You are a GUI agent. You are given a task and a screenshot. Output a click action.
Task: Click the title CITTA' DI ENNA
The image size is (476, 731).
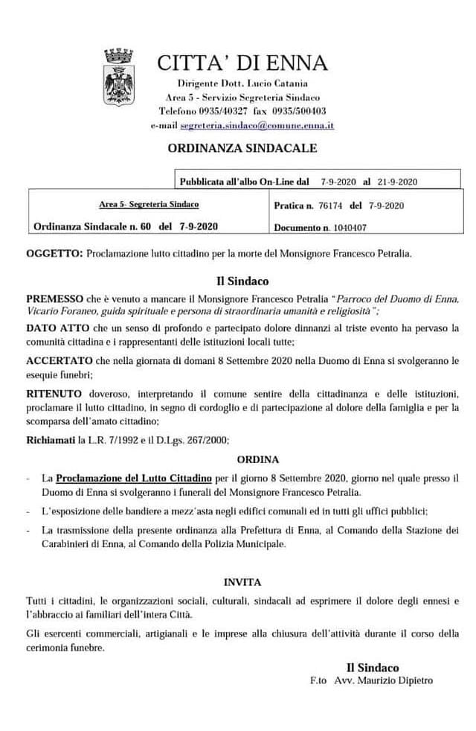tap(242, 63)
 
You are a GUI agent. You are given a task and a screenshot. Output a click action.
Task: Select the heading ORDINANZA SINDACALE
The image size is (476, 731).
tap(242, 148)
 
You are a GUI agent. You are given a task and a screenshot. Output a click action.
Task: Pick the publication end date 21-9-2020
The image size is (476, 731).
tap(398, 181)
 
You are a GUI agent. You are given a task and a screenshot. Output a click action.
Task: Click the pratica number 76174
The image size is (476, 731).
tap(329, 205)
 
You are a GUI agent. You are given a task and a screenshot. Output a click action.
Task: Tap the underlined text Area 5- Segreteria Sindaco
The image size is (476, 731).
tap(149, 203)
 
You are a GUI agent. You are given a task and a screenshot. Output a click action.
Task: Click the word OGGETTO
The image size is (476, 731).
tap(54, 253)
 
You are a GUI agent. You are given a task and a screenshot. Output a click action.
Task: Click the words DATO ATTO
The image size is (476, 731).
tap(57, 328)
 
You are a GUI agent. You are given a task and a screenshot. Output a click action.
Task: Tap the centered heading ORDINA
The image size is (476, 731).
tap(258, 459)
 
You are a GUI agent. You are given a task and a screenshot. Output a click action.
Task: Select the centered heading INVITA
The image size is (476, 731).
tap(242, 581)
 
